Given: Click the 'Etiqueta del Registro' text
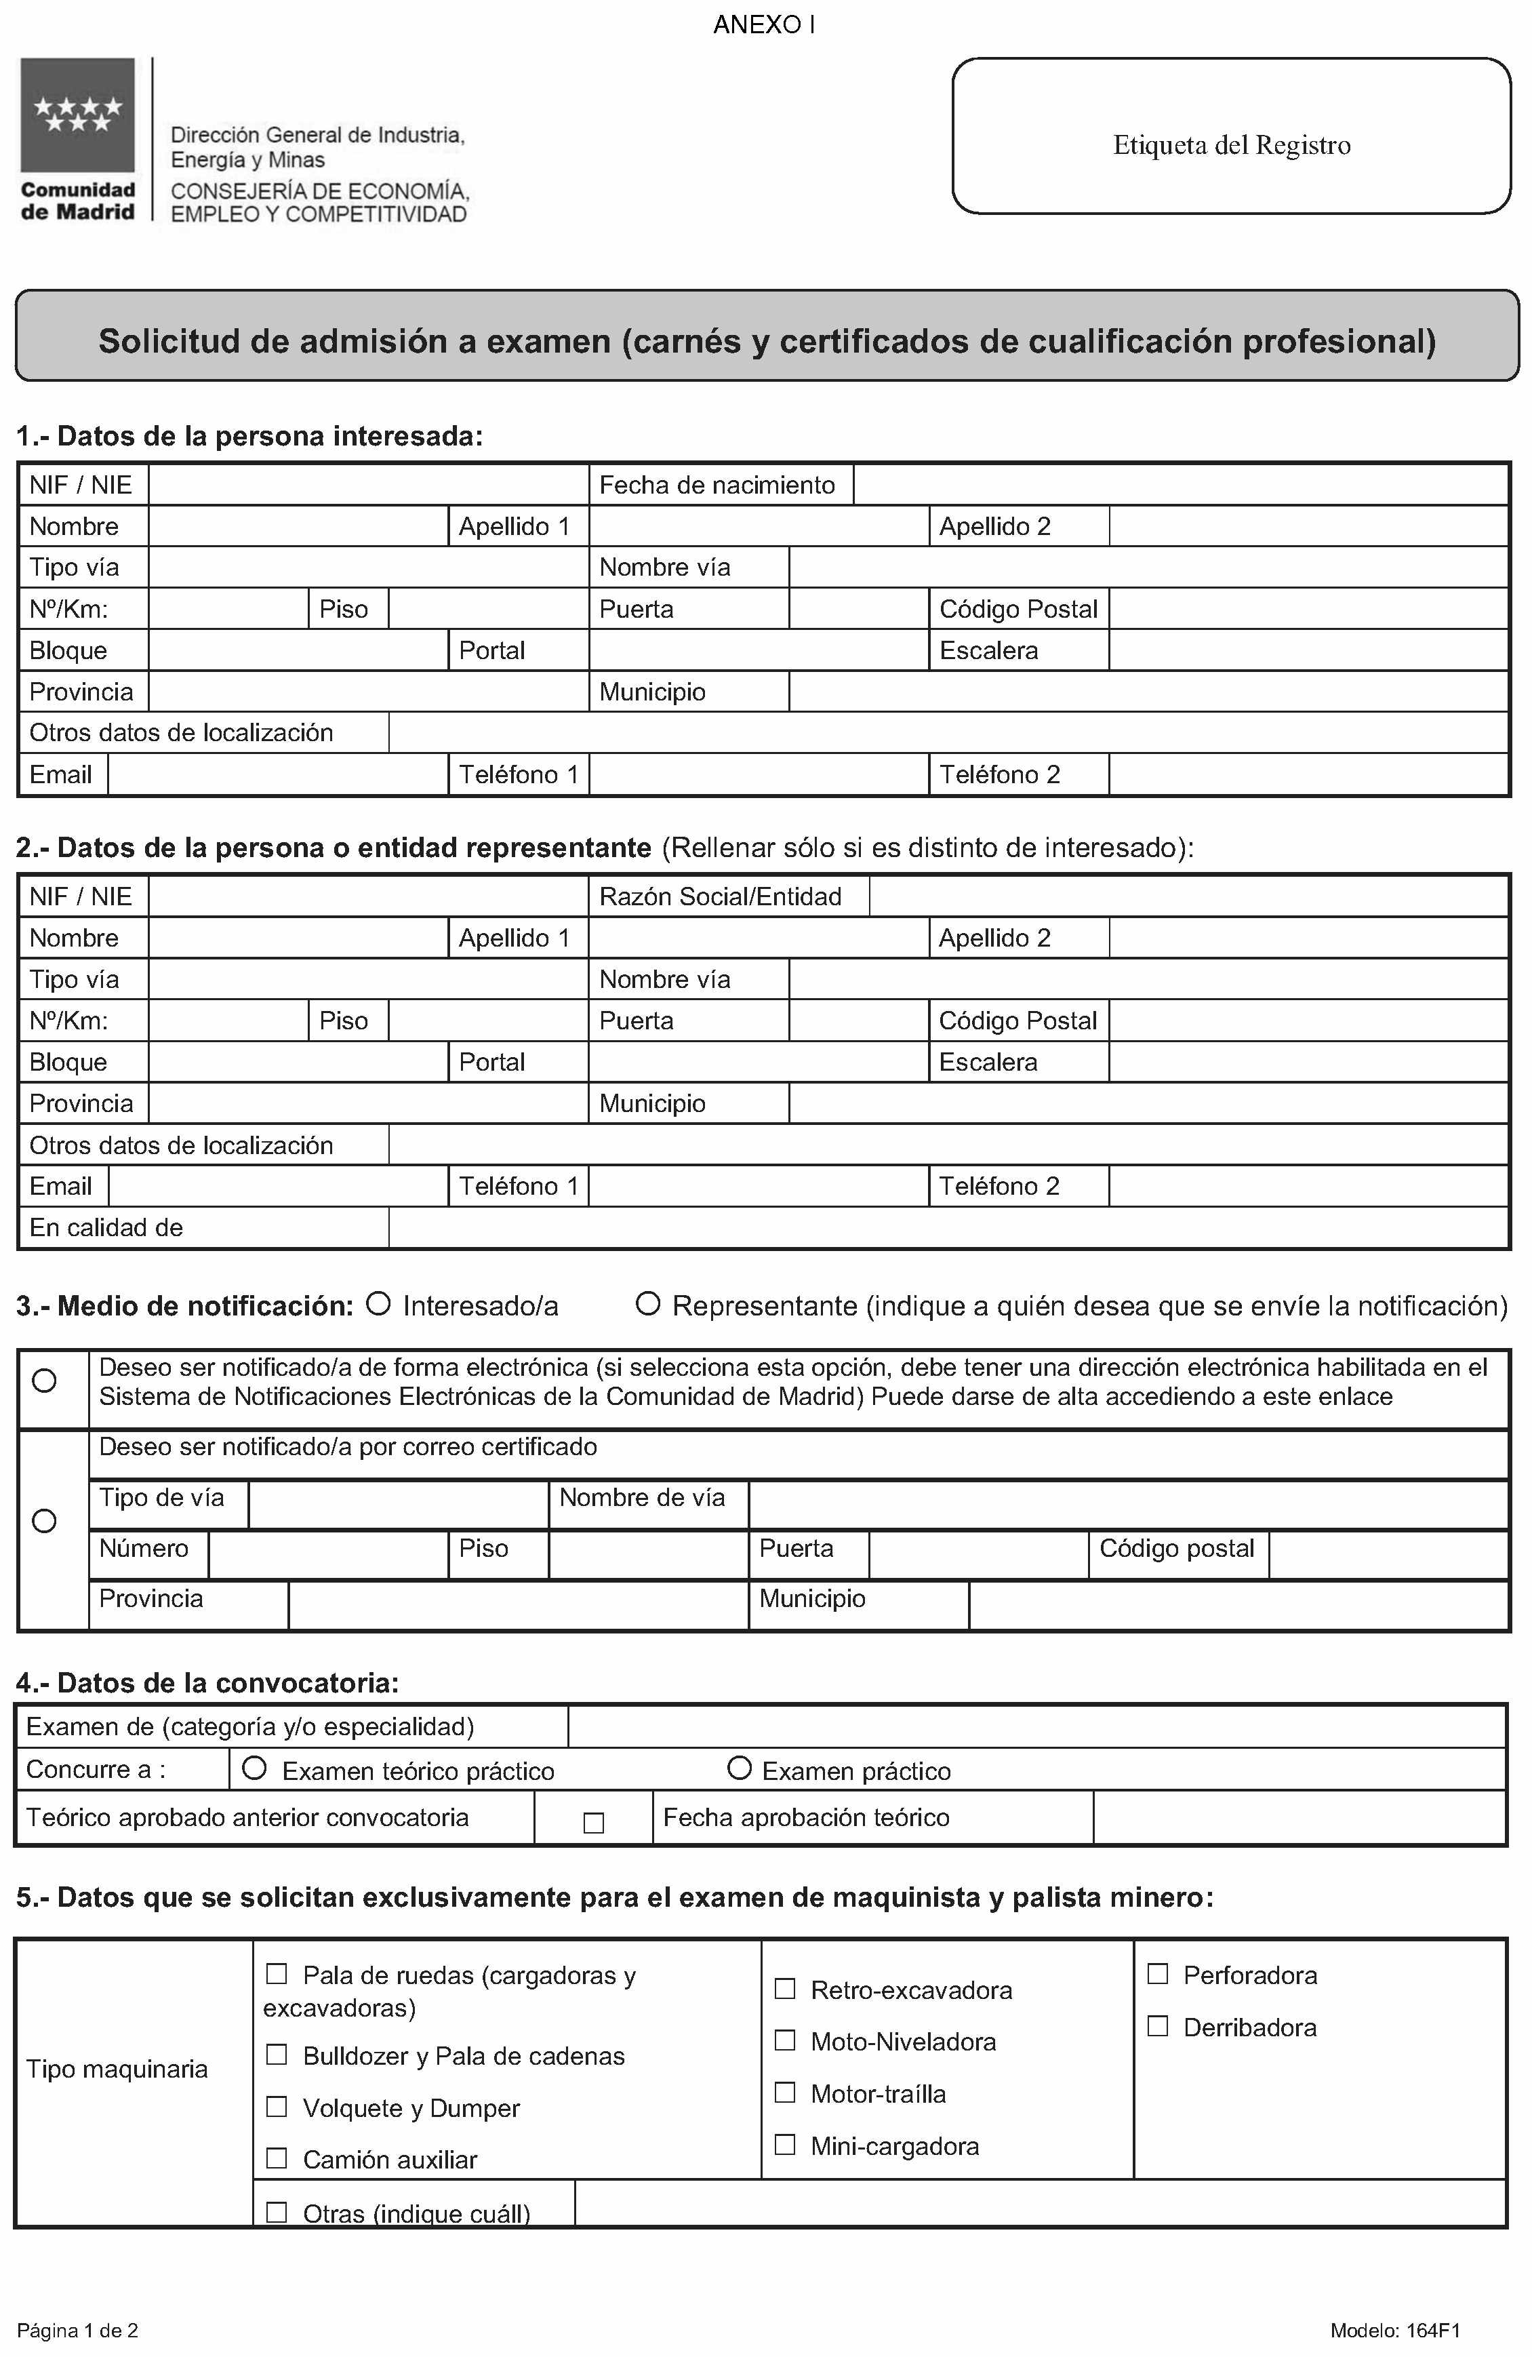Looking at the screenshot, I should click(1231, 146).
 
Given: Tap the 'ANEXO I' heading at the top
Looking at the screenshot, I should click(763, 25).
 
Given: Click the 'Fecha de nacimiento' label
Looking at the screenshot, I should click(717, 486).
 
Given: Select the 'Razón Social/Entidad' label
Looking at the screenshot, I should click(720, 896).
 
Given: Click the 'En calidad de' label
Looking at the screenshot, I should click(106, 1227).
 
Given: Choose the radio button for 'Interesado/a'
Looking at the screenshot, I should click(378, 1304).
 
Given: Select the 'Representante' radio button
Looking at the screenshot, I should click(647, 1304).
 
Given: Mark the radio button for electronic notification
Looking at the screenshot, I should click(45, 1381).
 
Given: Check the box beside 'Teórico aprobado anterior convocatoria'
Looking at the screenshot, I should click(593, 1822).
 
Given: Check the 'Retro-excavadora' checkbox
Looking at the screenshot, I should click(784, 1989).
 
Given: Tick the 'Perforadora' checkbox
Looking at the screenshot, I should click(1156, 1974).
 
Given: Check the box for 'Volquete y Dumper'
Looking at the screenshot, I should click(277, 2106).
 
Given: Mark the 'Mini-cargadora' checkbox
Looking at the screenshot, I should click(784, 2144).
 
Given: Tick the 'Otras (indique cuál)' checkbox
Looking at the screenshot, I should click(277, 2211).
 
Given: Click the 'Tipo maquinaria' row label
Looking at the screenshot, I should click(117, 2069).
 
